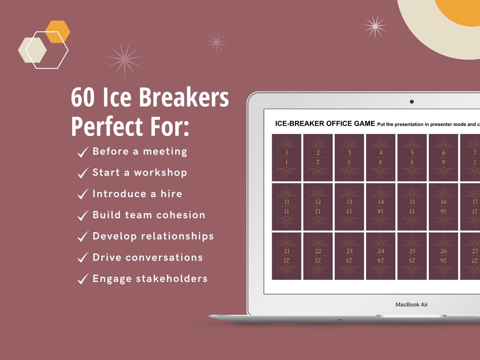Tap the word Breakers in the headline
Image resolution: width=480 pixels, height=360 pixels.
(x=184, y=97)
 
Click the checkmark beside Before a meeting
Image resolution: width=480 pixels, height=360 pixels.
(x=83, y=152)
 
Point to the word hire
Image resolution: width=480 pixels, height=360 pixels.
(x=171, y=194)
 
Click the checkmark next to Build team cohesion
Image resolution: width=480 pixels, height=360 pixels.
(x=83, y=215)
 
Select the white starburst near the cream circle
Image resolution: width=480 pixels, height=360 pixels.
(x=375, y=26)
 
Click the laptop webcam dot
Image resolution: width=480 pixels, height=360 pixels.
(x=412, y=102)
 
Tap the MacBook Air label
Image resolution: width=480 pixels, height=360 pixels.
(x=412, y=305)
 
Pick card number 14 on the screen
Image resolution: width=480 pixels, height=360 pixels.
(x=381, y=207)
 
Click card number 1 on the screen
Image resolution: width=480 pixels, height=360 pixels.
(x=287, y=157)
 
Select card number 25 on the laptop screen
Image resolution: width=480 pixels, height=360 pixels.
(x=412, y=256)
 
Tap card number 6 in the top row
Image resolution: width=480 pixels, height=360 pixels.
(x=443, y=157)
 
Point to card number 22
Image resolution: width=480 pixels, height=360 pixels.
(x=318, y=256)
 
